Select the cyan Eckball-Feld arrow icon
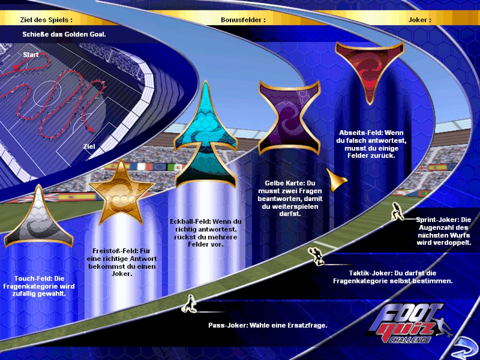coord(205,135)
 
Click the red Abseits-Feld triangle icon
coord(370,68)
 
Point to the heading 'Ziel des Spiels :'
coord(46,20)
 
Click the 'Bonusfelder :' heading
coord(243,20)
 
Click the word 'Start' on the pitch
coord(31,54)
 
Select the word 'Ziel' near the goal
coord(89,146)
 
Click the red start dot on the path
coord(16,67)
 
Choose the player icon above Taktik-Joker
coord(316,256)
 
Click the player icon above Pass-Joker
coord(189,304)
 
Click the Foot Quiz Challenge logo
coord(409,324)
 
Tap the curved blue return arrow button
coord(467,348)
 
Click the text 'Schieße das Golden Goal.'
coord(64,34)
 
